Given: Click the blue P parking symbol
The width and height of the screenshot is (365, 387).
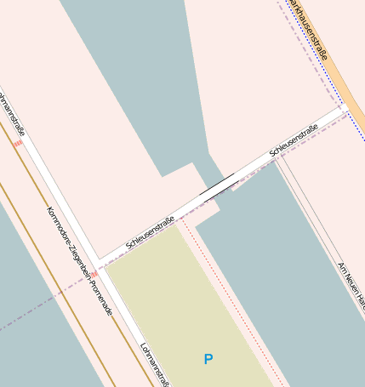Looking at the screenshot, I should (208, 360).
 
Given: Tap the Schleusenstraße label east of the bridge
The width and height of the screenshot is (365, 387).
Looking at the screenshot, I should (294, 140).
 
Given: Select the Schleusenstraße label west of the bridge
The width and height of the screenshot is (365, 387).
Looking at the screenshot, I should (151, 233).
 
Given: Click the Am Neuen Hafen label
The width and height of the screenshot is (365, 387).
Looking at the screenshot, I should (351, 285).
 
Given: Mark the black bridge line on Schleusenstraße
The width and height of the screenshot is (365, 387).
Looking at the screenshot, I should (217, 185).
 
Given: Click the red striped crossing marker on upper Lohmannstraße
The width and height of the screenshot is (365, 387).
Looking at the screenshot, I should (18, 144).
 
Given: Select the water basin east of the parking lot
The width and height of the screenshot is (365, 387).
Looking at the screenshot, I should (281, 272).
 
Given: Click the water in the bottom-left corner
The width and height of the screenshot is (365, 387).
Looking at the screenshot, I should (34, 340).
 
